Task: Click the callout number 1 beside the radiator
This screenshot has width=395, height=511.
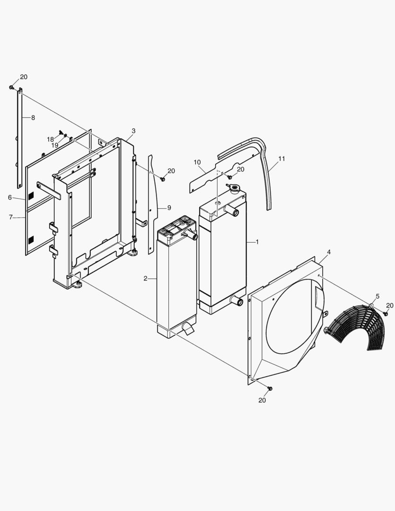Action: tap(257, 242)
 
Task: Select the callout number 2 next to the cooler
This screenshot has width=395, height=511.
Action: tap(146, 278)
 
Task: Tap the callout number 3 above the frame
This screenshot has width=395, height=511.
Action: tap(133, 131)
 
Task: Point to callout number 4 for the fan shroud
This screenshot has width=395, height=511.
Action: tap(328, 252)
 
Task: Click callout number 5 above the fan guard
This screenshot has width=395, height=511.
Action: tap(377, 297)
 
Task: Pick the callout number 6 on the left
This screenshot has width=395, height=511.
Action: tap(9, 197)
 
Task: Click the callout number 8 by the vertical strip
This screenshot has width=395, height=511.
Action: tap(33, 117)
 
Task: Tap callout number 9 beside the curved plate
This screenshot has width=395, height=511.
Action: tap(168, 208)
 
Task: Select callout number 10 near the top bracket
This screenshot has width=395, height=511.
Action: tap(197, 162)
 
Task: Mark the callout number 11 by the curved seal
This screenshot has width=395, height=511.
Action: tap(281, 159)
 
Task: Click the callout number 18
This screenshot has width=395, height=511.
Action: tap(50, 139)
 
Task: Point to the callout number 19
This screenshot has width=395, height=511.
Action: tap(55, 145)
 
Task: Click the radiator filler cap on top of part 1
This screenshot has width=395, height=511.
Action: tap(234, 188)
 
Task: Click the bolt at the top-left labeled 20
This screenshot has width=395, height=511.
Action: tap(11, 88)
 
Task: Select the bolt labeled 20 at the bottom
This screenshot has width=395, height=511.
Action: tap(270, 388)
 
